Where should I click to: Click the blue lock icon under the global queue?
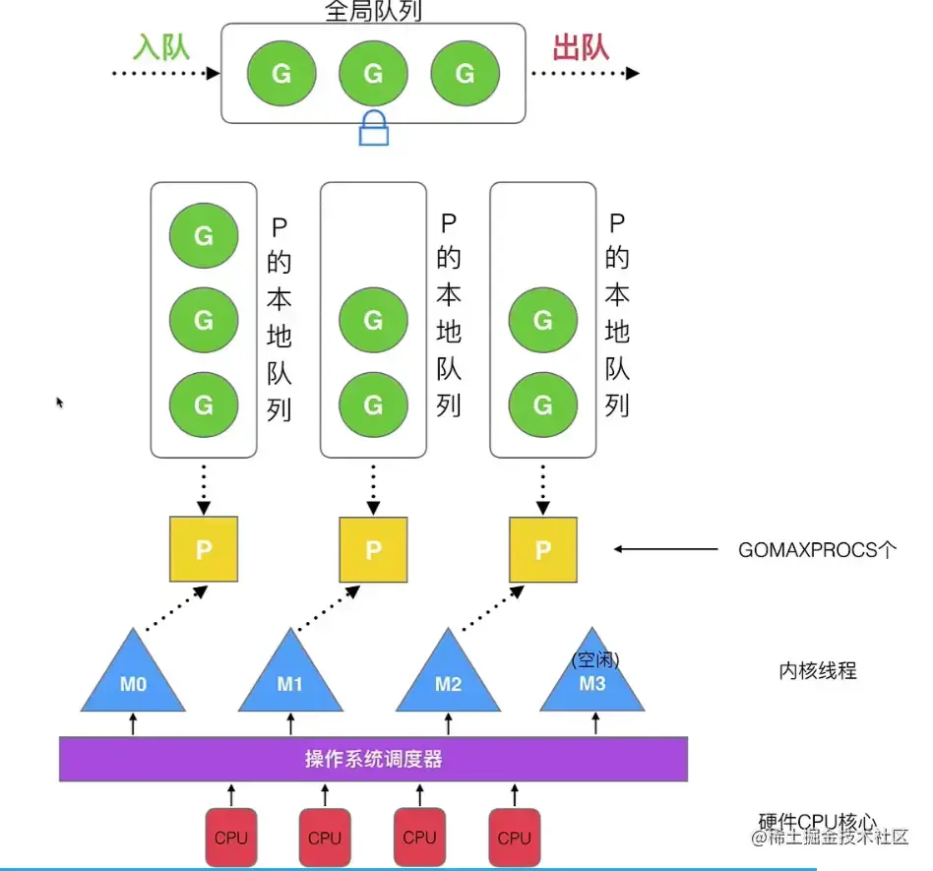(x=374, y=128)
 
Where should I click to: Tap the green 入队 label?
(x=161, y=47)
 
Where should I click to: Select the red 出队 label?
(x=581, y=47)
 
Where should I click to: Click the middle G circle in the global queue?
(x=373, y=73)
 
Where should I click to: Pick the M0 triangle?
(x=133, y=670)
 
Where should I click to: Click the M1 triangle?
(x=290, y=670)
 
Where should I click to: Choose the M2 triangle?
(x=448, y=670)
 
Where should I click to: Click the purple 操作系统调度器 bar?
(x=374, y=759)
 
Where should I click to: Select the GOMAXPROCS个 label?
(x=817, y=550)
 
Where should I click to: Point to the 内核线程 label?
(x=818, y=670)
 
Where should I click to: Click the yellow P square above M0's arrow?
(x=204, y=549)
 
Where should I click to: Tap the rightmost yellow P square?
(x=542, y=549)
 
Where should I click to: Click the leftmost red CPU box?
(x=231, y=838)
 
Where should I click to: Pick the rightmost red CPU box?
(x=514, y=838)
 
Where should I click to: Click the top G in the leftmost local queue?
(x=204, y=235)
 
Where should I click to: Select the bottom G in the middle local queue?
(x=373, y=404)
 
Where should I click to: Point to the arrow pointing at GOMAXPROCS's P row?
(x=666, y=549)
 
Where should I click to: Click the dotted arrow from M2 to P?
(x=493, y=607)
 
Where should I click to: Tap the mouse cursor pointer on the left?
(x=59, y=403)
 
